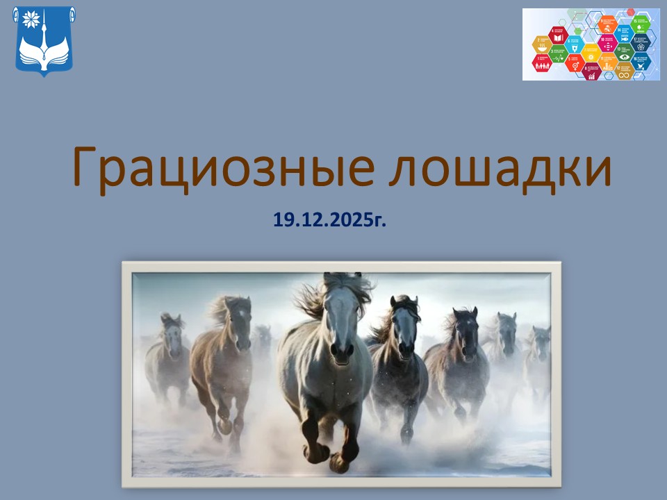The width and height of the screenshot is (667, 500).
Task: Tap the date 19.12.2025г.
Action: pyautogui.click(x=329, y=221)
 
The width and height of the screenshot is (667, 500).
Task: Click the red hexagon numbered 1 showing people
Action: pyautogui.click(x=542, y=63)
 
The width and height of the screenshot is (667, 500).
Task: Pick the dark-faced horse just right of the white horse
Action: pyautogui.click(x=404, y=333)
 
